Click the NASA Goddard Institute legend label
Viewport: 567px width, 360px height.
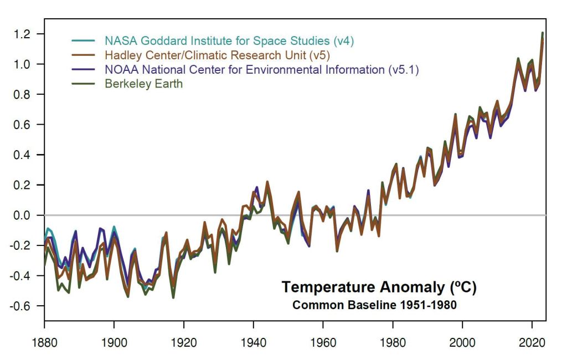click(229, 41)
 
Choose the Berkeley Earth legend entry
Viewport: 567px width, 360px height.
click(143, 84)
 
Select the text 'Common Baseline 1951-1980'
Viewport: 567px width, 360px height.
click(374, 305)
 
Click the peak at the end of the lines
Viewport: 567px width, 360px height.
click(542, 34)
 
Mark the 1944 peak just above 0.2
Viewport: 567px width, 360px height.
click(267, 182)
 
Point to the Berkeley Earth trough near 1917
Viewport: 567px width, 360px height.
click(173, 297)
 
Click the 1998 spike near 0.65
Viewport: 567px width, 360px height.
click(455, 115)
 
